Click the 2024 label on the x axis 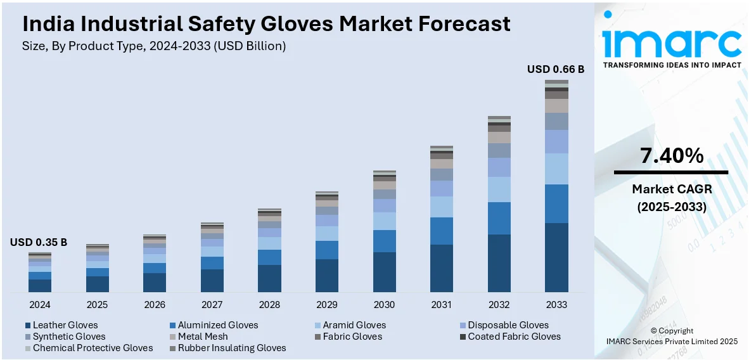click(x=39, y=304)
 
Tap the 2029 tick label click(x=327, y=304)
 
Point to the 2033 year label click(x=556, y=304)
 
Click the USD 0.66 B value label click(x=556, y=70)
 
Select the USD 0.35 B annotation click(x=39, y=242)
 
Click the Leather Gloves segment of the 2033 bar click(x=556, y=257)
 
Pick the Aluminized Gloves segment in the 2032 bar click(x=499, y=218)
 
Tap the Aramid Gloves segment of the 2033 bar click(x=556, y=169)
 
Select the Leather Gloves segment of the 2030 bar click(x=385, y=272)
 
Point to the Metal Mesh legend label click(x=202, y=337)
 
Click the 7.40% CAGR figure click(x=671, y=156)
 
